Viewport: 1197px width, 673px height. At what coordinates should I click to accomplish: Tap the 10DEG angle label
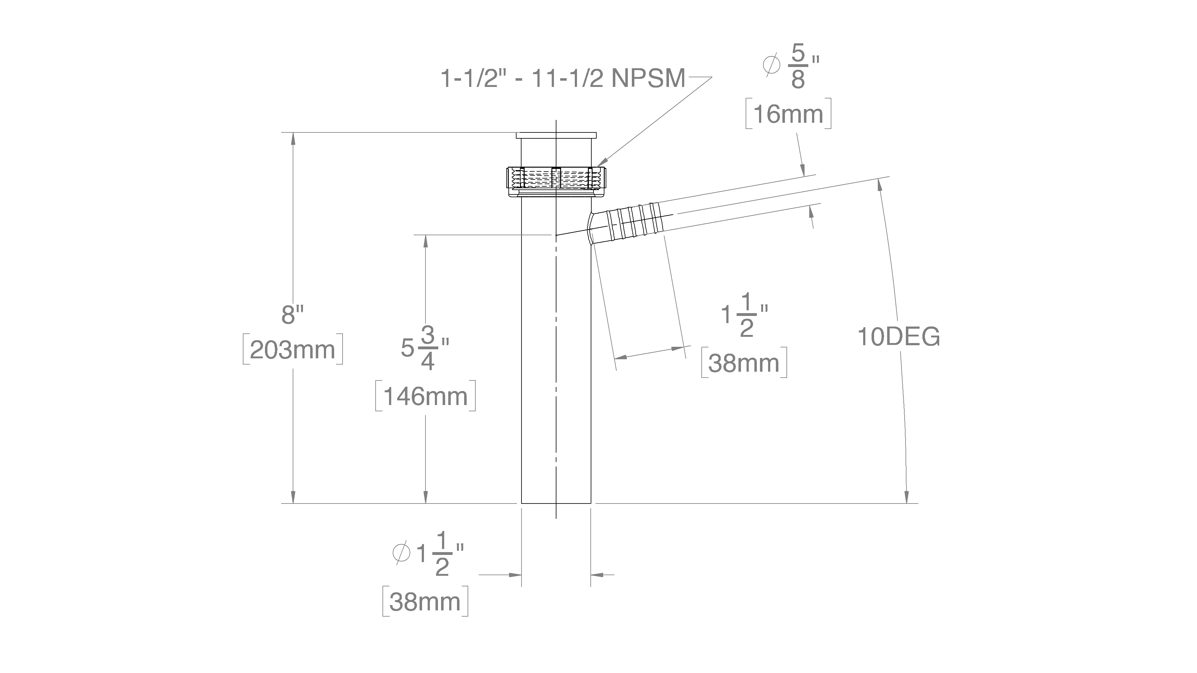(x=898, y=337)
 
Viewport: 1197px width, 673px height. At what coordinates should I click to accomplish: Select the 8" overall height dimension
(x=292, y=315)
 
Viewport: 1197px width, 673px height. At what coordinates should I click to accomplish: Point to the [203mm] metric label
(x=293, y=350)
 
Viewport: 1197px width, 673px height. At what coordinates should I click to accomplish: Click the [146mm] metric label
(x=425, y=396)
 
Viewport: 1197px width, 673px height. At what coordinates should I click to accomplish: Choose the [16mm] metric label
(x=788, y=114)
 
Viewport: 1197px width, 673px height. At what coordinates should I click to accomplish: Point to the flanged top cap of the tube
(x=556, y=135)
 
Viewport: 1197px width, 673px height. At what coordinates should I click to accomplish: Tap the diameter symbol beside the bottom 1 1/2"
(x=401, y=553)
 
